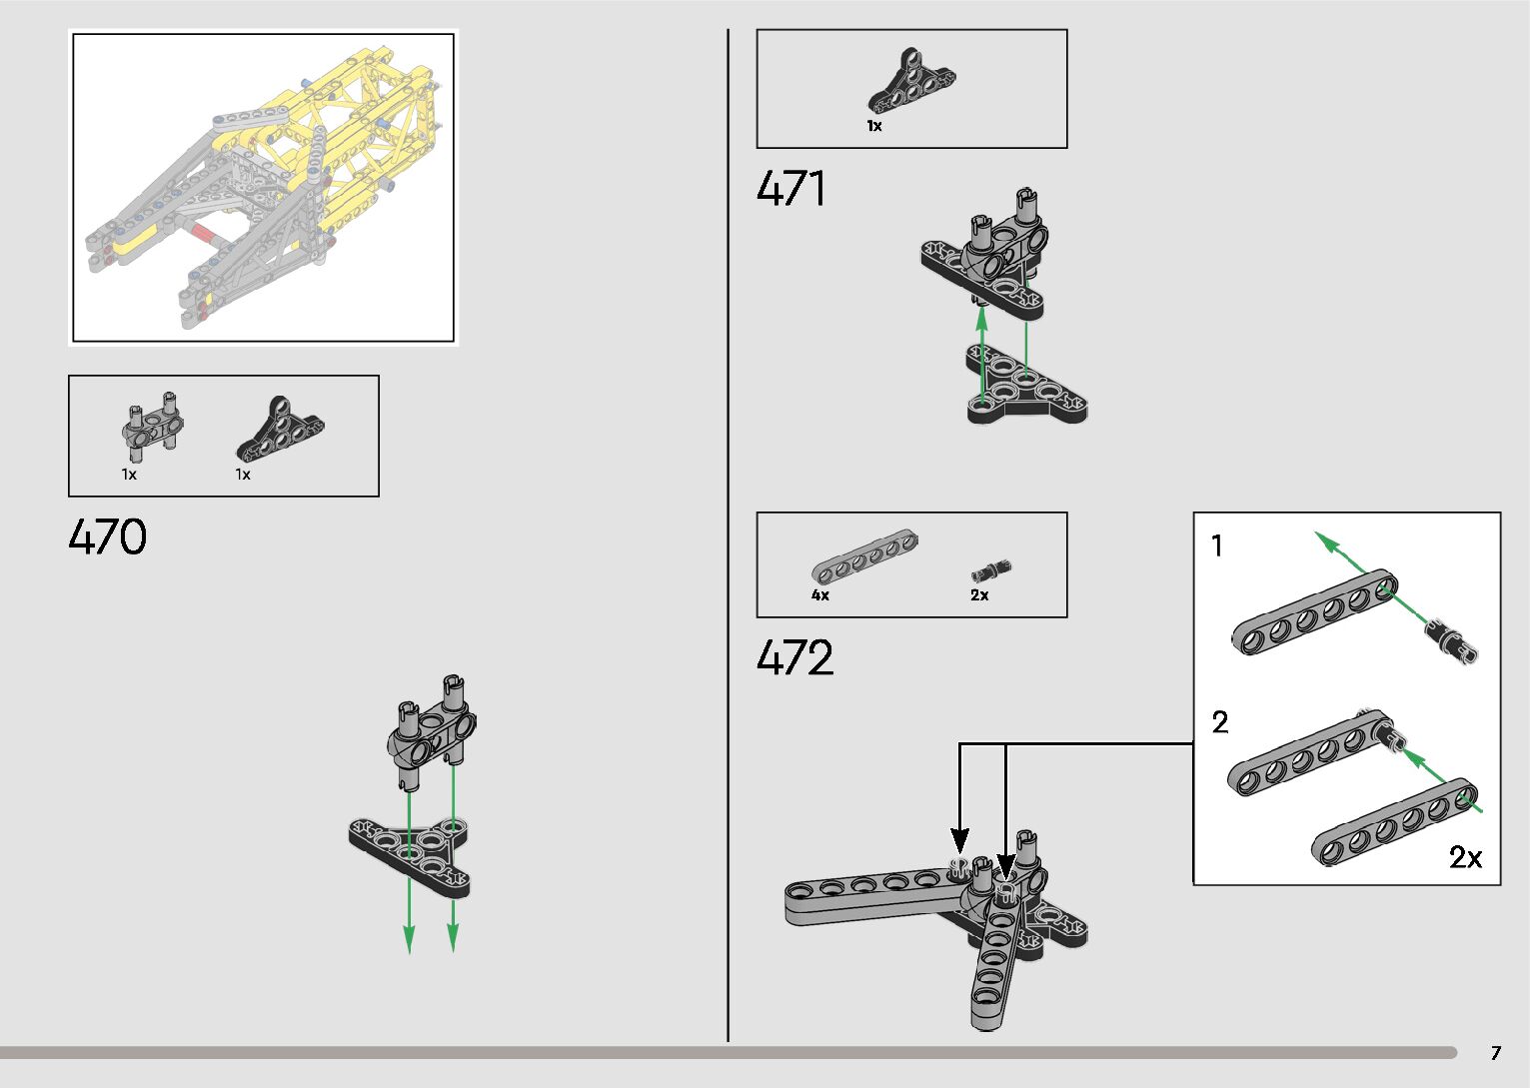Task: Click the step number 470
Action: coord(107,538)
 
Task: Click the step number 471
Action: coord(791,189)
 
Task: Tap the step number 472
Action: coord(794,658)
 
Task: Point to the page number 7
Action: coord(1495,1053)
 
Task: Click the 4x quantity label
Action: coord(819,595)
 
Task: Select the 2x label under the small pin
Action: coord(979,595)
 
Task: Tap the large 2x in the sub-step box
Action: coord(1465,857)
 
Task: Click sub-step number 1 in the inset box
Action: coord(1217,546)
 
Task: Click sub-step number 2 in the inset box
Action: coord(1219,722)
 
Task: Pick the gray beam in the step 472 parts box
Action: coord(864,557)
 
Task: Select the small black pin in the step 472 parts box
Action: coord(991,571)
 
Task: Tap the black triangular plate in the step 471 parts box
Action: coord(909,85)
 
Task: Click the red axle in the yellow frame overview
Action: coord(204,235)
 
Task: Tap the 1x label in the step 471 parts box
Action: coord(874,127)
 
